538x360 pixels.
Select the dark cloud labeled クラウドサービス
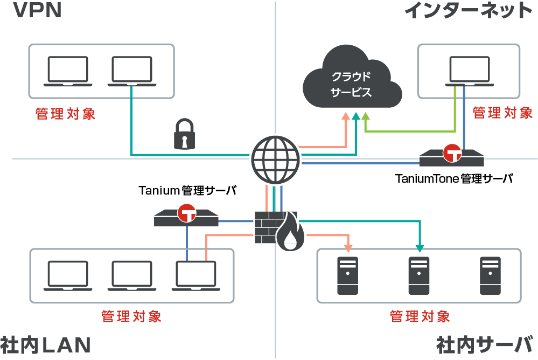coord(351,82)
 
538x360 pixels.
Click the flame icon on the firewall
coord(290,233)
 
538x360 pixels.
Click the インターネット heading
coord(467,11)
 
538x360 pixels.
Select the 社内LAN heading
coord(45,345)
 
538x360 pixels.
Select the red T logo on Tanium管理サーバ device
coord(187,213)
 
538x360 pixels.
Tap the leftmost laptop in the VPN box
coord(67,72)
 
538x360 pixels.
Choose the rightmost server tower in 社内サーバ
coord(490,275)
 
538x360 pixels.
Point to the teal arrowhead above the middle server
coord(420,248)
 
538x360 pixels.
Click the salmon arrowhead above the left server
coord(348,248)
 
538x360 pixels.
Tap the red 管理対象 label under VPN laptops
coord(66,114)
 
